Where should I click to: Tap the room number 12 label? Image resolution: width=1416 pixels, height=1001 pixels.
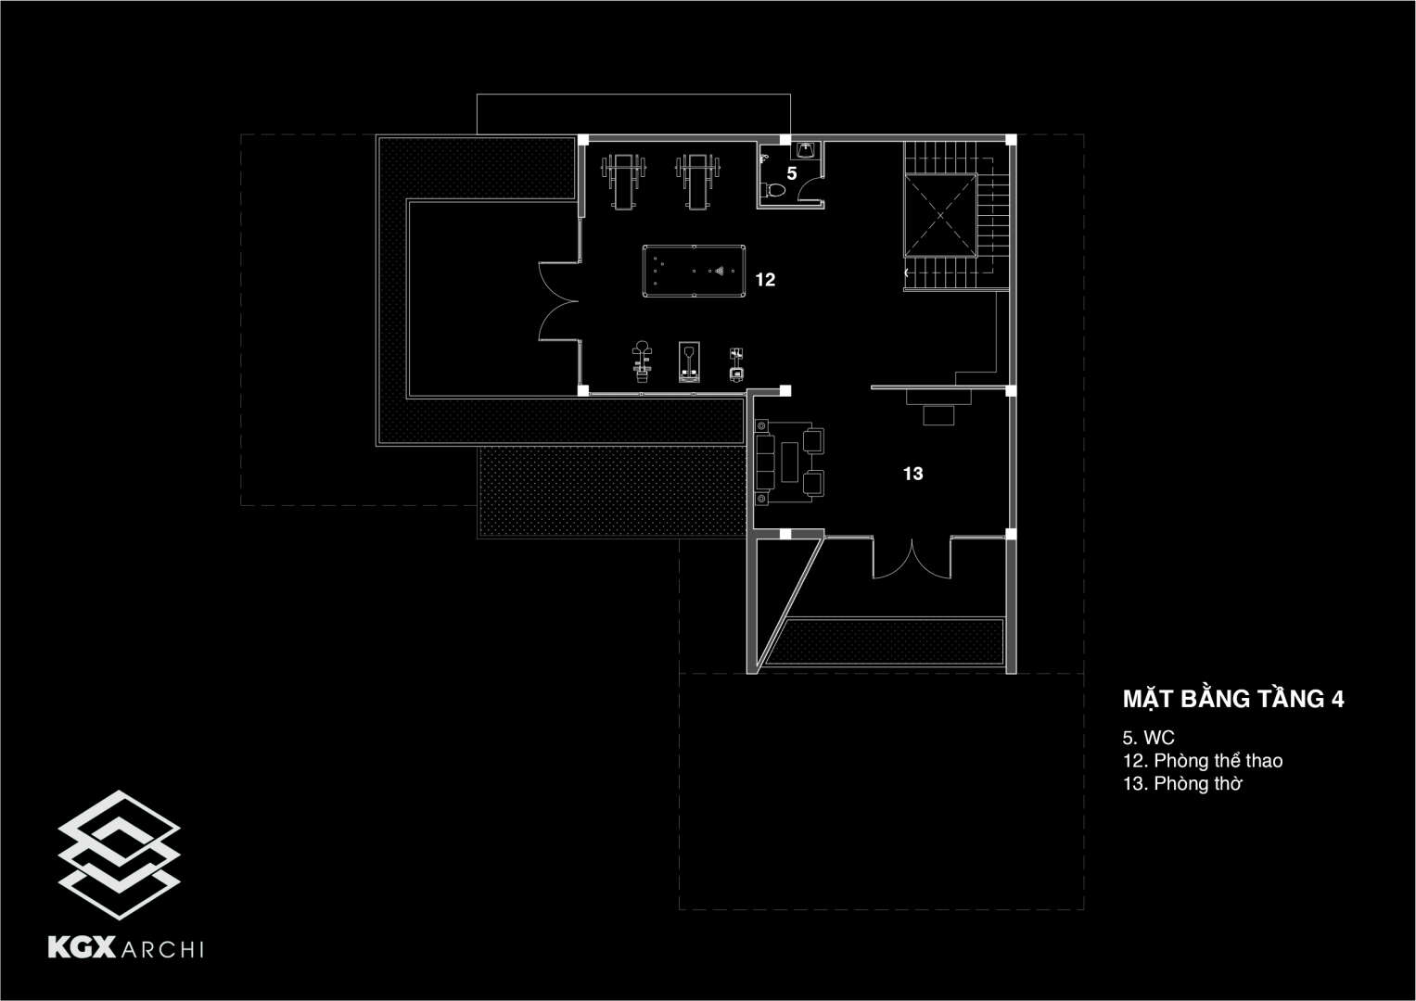coord(765,279)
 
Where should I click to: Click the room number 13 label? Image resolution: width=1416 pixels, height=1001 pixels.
coord(912,474)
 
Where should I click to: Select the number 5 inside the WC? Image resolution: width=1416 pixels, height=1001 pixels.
coord(792,173)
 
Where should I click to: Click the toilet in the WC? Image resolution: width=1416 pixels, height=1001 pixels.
coord(773,191)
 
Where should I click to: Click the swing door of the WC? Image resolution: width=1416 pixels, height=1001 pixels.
coord(812,190)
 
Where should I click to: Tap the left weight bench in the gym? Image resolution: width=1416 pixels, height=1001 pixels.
coord(621,180)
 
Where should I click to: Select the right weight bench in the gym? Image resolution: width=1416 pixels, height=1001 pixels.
coord(696,180)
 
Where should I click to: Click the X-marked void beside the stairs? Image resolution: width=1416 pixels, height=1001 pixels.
coord(941,214)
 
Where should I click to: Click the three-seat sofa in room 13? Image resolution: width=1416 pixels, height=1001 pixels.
coord(766,461)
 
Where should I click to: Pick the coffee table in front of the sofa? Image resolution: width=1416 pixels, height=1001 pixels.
coord(789,460)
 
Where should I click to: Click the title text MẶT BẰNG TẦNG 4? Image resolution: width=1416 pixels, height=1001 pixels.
coord(1233,699)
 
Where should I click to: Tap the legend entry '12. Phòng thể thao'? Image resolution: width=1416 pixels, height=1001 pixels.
coord(1202,761)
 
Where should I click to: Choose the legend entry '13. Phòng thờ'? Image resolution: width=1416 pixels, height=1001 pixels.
coord(1181,784)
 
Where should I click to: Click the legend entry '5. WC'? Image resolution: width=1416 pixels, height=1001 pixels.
coord(1148,738)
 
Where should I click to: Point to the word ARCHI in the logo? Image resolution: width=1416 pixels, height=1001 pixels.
coord(162,947)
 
